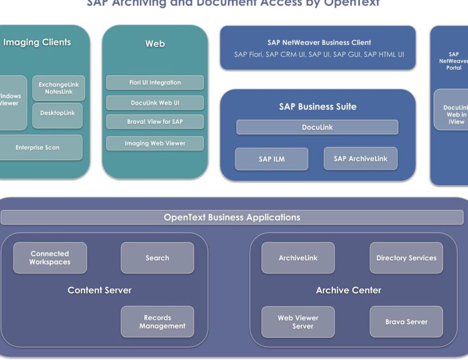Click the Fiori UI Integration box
pyautogui.click(x=155, y=83)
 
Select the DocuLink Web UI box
pyautogui.click(x=155, y=103)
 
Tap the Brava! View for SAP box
pyautogui.click(x=155, y=122)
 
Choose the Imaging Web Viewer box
pyautogui.click(x=155, y=143)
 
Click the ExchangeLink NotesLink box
pyautogui.click(x=58, y=88)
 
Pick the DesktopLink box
pyautogui.click(x=57, y=113)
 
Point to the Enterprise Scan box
pyautogui.click(x=37, y=148)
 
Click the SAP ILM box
pyautogui.click(x=271, y=159)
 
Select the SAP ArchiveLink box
pyautogui.click(x=360, y=159)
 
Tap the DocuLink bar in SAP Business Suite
pyautogui.click(x=317, y=127)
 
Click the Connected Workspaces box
pyautogui.click(x=50, y=258)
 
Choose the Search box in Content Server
pyautogui.click(x=157, y=258)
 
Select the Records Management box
pyautogui.click(x=157, y=322)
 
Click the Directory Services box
pyautogui.click(x=406, y=258)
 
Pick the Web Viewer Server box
pyautogui.click(x=298, y=322)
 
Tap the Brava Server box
pyautogui.click(x=406, y=322)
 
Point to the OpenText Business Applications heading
pyautogui.click(x=232, y=217)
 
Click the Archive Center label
pyautogui.click(x=348, y=290)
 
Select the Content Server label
pyautogui.click(x=100, y=290)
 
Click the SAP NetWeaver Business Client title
pyautogui.click(x=319, y=42)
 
